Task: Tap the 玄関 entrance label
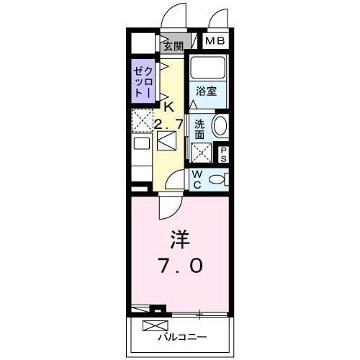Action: point(173,47)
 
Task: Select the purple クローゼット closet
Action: point(143,83)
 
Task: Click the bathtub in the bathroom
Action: point(209,71)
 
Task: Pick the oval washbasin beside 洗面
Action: point(221,125)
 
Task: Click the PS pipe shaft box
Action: point(223,153)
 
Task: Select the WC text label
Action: point(196,179)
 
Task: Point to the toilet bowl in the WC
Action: point(218,179)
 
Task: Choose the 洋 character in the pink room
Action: point(179,238)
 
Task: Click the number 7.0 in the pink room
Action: point(179,266)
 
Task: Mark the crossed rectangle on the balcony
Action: point(153,324)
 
